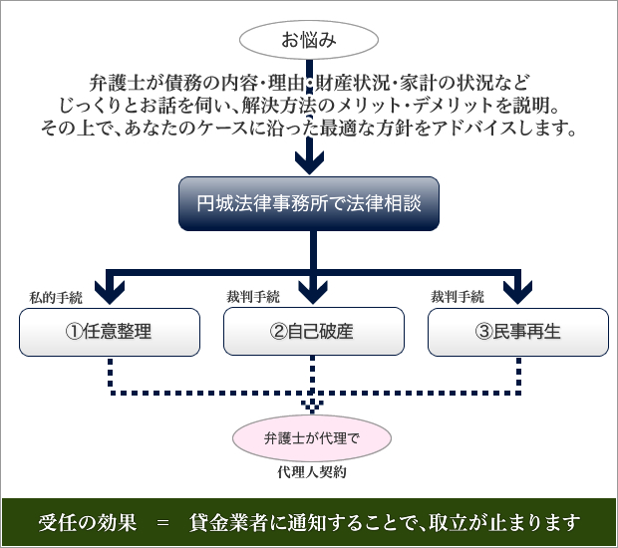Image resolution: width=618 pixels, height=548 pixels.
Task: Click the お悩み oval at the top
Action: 309,40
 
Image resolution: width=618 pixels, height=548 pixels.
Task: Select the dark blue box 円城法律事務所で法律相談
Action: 309,203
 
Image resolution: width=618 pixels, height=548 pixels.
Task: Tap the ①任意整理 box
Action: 110,332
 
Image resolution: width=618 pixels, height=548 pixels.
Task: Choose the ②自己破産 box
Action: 314,332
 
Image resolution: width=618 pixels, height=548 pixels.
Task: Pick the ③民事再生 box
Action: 518,332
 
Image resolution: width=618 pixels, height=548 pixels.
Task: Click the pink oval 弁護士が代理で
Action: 312,438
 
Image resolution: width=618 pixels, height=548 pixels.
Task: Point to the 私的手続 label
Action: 56,298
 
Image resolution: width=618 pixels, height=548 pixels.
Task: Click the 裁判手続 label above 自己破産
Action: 253,297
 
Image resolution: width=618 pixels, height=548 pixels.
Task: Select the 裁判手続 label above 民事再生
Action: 458,297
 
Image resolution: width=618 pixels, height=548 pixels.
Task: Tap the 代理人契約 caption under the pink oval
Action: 312,472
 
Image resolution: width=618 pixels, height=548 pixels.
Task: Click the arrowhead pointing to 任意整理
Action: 110,292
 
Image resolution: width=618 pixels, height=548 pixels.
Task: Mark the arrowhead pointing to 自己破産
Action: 313,292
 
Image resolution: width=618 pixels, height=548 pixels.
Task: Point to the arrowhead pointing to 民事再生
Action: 518,292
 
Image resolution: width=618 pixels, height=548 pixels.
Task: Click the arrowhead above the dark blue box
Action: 309,163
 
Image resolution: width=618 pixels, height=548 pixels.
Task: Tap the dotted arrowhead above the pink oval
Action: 313,407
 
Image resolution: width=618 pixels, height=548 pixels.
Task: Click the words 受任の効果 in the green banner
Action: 88,523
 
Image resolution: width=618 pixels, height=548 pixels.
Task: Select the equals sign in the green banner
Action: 162,523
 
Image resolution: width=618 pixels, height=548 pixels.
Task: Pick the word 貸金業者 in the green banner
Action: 228,523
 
